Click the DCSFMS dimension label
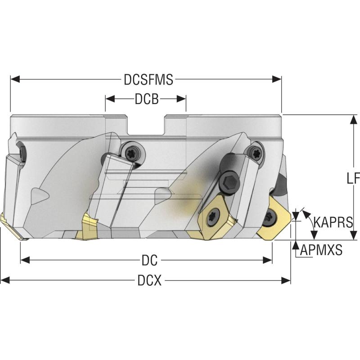click(148, 80)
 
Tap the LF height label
click(353, 179)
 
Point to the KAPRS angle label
click(333, 222)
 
